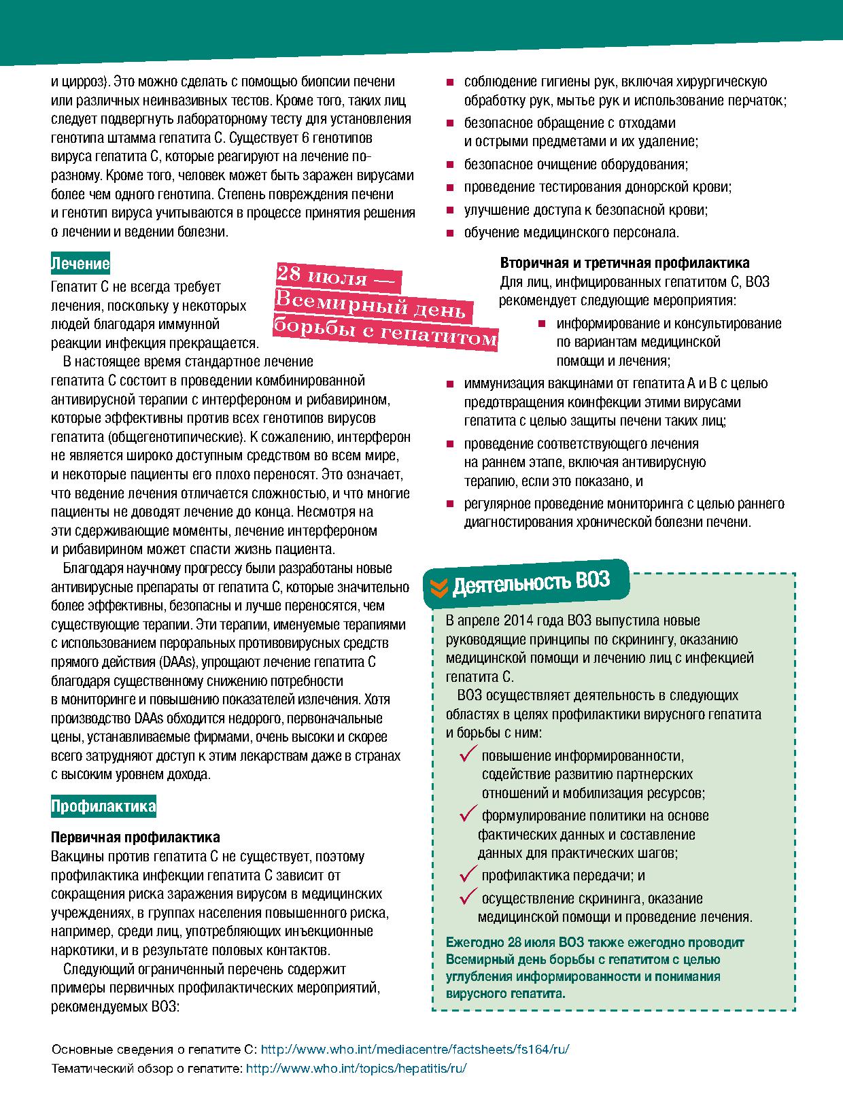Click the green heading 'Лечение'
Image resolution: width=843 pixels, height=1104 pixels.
pyautogui.click(x=80, y=264)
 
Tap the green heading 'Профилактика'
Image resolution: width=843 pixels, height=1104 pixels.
pyautogui.click(x=103, y=807)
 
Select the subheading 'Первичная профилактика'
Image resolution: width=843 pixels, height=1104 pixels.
pyautogui.click(x=135, y=838)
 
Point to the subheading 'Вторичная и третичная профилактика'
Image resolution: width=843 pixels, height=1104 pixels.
pyautogui.click(x=625, y=263)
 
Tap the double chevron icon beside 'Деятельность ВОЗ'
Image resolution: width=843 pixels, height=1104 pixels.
pyautogui.click(x=439, y=585)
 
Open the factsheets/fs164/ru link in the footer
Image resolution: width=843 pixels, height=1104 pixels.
pyautogui.click(x=415, y=1049)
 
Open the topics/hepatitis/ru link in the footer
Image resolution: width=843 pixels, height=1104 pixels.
pyautogui.click(x=356, y=1068)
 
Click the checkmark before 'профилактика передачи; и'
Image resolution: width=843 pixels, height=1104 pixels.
pyautogui.click(x=468, y=874)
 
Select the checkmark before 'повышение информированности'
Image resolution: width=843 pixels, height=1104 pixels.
pyautogui.click(x=468, y=754)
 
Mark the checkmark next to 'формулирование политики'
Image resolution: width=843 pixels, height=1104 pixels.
pyautogui.click(x=468, y=814)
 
